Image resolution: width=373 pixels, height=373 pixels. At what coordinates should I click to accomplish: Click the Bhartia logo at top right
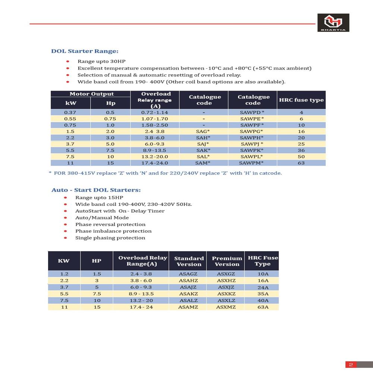[x=333, y=23]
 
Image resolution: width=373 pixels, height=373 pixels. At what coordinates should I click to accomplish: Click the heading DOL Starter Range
[x=85, y=51]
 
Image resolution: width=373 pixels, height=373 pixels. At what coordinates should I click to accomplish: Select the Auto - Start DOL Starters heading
[x=96, y=190]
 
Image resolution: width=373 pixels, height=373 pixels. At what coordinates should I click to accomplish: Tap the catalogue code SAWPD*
[x=252, y=112]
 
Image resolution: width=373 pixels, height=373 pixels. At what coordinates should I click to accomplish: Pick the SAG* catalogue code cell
[x=203, y=131]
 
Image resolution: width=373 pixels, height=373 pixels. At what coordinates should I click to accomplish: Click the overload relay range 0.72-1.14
[x=154, y=112]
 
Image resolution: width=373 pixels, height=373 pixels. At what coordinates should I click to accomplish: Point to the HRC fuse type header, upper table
[x=301, y=100]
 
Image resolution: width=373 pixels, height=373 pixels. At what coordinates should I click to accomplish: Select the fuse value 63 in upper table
[x=301, y=163]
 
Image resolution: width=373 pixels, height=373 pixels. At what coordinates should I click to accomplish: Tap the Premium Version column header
[x=227, y=261]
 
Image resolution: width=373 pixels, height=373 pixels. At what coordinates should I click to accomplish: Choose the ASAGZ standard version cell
[x=188, y=274]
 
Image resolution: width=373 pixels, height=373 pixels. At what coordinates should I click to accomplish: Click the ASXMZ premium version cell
[x=226, y=307]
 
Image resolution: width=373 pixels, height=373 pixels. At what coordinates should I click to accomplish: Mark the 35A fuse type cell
[x=263, y=294]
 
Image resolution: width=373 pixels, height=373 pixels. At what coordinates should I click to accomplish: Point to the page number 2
[x=351, y=364]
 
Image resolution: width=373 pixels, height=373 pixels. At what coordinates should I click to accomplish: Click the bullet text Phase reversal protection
[x=110, y=225]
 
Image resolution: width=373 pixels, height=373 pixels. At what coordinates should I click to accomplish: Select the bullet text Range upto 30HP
[x=99, y=62]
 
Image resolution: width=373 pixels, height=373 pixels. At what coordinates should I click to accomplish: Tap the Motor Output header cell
[x=92, y=94]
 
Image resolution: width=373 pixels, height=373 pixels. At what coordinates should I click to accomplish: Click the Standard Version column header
[x=189, y=261]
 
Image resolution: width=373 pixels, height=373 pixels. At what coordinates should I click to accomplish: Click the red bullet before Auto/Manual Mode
[x=65, y=218]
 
